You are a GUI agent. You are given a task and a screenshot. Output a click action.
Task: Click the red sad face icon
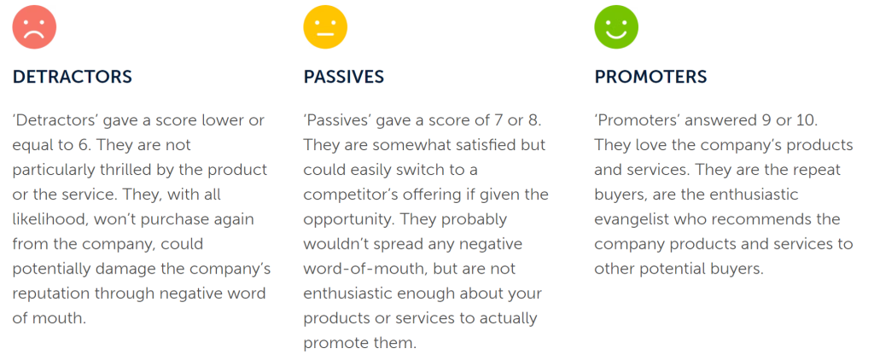(x=34, y=26)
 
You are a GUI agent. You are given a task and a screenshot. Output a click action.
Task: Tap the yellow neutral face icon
(x=325, y=26)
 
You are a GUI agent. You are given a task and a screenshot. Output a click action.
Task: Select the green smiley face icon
(x=616, y=26)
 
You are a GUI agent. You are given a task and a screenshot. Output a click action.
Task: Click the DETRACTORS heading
(x=73, y=77)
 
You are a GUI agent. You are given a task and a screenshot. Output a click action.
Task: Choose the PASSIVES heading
(x=344, y=77)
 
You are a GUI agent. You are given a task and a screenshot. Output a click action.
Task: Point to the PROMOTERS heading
(x=650, y=77)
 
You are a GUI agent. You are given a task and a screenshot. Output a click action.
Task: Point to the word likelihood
(x=48, y=219)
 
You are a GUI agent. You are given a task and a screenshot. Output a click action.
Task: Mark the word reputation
(x=49, y=293)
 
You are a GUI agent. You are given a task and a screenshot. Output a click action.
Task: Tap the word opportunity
(x=341, y=219)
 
